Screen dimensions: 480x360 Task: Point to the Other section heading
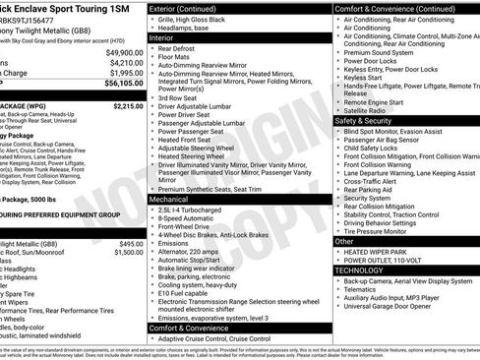(344, 240)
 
